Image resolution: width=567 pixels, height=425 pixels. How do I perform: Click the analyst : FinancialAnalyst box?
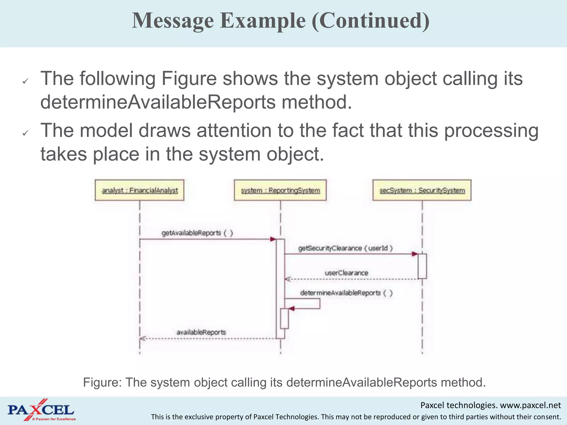pyautogui.click(x=139, y=190)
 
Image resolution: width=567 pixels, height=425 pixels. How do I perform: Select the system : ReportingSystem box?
pyautogui.click(x=280, y=190)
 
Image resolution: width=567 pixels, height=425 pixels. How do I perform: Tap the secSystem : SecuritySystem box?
pyautogui.click(x=422, y=190)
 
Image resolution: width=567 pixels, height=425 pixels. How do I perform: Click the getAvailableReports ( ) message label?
pyautogui.click(x=197, y=233)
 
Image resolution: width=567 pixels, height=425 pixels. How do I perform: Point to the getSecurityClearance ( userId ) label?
pyautogui.click(x=345, y=248)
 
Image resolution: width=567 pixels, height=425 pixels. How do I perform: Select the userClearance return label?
pyautogui.click(x=346, y=273)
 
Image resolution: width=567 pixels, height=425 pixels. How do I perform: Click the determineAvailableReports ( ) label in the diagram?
pyautogui.click(x=346, y=293)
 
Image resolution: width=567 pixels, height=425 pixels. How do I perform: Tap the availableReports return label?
pyautogui.click(x=201, y=332)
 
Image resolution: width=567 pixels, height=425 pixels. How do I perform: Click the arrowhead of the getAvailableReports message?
pyautogui.click(x=273, y=239)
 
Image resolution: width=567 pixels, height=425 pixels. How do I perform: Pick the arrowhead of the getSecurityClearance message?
pyautogui.click(x=415, y=254)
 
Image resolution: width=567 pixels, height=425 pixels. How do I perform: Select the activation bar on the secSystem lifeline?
pyautogui.click(x=422, y=266)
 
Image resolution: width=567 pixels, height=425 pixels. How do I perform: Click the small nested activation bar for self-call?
pyautogui.click(x=284, y=318)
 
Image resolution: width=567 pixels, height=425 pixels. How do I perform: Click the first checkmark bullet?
pyautogui.click(x=25, y=81)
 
